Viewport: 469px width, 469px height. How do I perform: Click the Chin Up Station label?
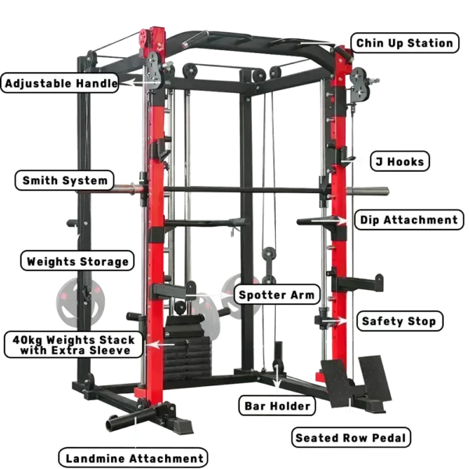(404, 43)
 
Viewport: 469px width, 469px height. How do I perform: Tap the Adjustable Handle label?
(60, 83)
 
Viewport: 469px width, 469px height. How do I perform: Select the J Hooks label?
(399, 161)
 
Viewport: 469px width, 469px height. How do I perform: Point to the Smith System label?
(65, 181)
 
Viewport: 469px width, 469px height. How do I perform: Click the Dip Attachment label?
(409, 220)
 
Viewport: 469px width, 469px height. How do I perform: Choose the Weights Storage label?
(77, 261)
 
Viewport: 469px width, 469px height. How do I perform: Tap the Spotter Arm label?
(277, 295)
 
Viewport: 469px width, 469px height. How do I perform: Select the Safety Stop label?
(399, 321)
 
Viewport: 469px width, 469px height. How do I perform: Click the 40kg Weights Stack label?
(73, 345)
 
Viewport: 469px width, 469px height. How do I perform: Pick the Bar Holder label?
(277, 406)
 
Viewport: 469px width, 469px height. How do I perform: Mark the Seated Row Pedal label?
(351, 438)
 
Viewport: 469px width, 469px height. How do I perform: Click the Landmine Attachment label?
(133, 458)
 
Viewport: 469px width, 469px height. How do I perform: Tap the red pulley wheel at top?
(144, 38)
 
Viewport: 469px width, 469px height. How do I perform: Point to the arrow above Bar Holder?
(277, 378)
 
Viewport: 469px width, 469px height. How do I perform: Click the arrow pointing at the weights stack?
(162, 345)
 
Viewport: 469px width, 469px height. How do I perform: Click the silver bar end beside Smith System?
(128, 188)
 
